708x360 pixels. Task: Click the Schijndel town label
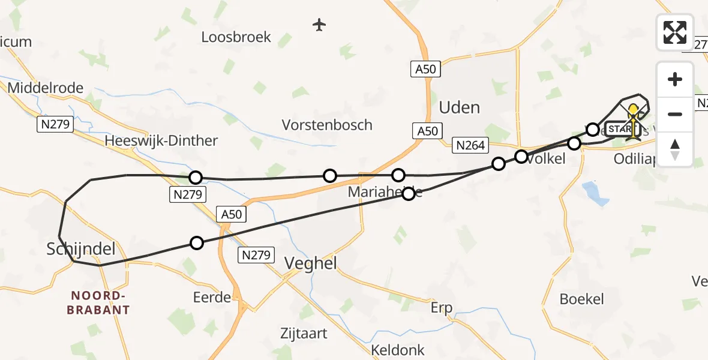click(81, 250)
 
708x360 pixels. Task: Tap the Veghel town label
click(310, 263)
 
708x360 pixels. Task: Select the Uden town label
click(460, 107)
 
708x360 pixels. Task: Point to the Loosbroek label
click(236, 37)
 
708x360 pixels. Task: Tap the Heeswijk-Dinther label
click(161, 140)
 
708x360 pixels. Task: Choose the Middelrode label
click(46, 88)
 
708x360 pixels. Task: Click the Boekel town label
click(581, 298)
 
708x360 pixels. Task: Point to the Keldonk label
click(398, 350)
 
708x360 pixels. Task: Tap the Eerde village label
click(212, 297)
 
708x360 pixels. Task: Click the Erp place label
click(442, 308)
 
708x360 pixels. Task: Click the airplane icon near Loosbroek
click(319, 25)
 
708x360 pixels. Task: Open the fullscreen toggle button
click(675, 32)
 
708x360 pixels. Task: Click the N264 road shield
click(471, 145)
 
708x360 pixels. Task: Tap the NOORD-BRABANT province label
click(100, 303)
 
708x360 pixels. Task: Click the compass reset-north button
click(675, 149)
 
